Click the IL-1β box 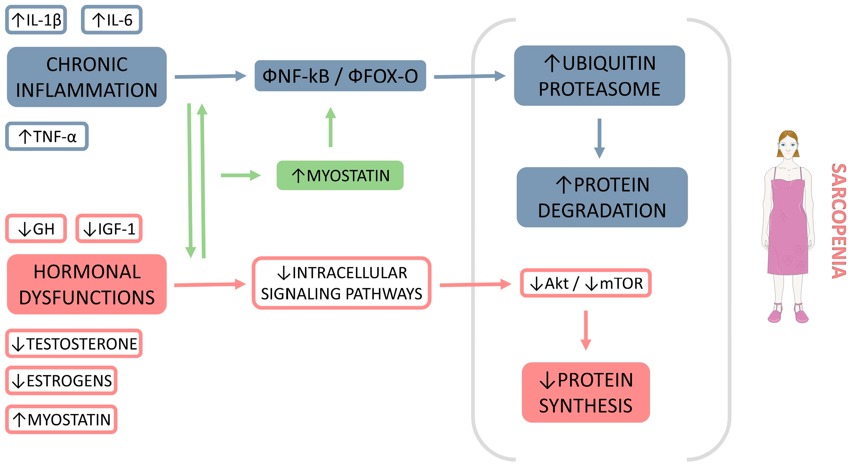[x=36, y=20]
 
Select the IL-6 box [x=112, y=20]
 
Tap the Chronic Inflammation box [x=87, y=77]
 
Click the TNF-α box [x=47, y=136]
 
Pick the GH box [x=36, y=229]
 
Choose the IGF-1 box [x=109, y=229]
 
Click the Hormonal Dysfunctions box [x=87, y=284]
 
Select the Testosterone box [x=74, y=343]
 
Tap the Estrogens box [x=62, y=380]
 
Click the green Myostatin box [x=340, y=175]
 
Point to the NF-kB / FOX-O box [x=340, y=76]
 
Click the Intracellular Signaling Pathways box [x=341, y=283]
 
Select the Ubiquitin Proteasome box [x=599, y=76]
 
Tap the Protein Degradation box [x=602, y=197]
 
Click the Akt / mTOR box [x=586, y=283]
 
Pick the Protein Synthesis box [x=586, y=392]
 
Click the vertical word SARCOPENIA [x=839, y=221]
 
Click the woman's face [x=788, y=146]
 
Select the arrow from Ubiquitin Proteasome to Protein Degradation [x=599, y=138]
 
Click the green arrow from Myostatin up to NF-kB [x=330, y=127]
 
